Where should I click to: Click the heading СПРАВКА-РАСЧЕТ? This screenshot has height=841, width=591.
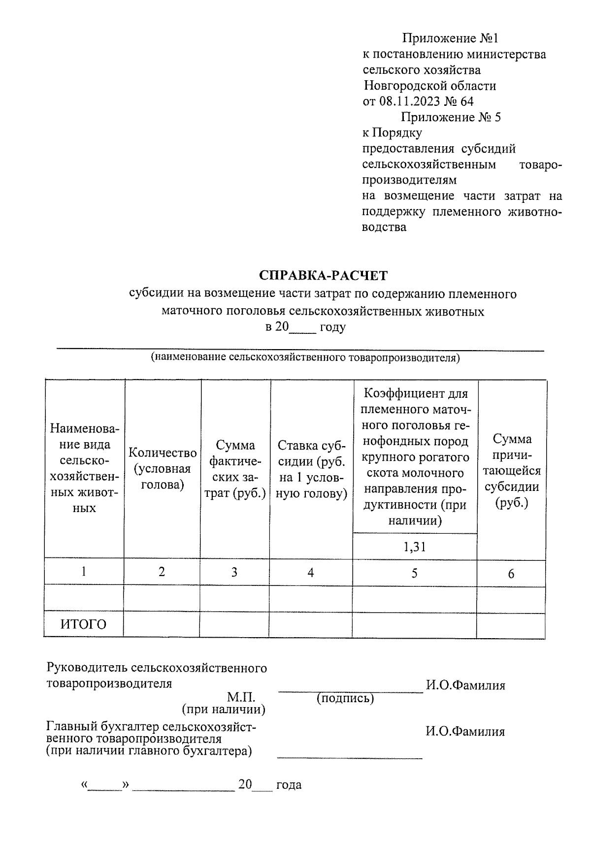324,275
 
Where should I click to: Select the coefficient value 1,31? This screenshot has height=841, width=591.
414,547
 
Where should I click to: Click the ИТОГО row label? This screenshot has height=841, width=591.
84,624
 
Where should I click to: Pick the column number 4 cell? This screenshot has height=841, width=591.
311,572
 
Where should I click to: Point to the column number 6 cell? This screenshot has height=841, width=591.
511,573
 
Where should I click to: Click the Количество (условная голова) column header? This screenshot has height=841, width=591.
163,469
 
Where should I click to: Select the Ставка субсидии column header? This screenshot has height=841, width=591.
311,469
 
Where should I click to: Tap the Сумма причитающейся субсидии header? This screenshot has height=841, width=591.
512,470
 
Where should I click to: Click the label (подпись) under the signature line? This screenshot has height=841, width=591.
345,698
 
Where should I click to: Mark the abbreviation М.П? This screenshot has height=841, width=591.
241,697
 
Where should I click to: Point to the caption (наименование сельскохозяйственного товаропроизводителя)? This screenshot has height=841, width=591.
305,357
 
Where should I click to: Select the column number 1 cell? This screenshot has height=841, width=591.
84,571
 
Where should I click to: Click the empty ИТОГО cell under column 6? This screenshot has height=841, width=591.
511,624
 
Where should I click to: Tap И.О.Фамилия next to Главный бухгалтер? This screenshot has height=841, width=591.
465,731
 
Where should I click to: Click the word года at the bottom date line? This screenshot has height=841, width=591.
289,785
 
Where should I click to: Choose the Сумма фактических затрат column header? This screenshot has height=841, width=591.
235,469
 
